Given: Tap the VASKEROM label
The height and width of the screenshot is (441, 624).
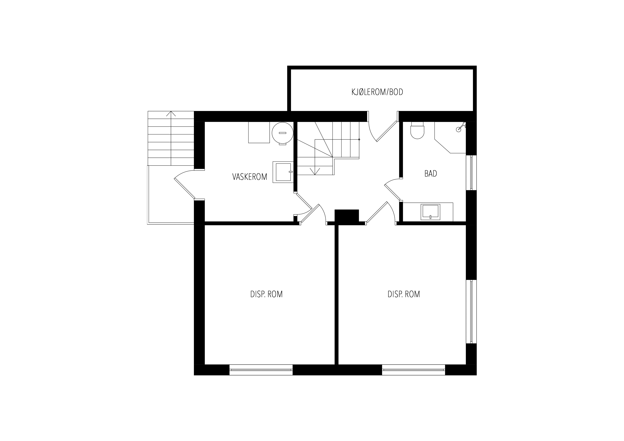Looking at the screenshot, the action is point(250,177).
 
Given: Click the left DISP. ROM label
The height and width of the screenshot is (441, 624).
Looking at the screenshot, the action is point(266,294).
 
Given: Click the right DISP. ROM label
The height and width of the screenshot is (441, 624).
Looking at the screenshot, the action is point(404,294).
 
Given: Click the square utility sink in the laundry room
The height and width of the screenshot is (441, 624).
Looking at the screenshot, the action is point(283,172).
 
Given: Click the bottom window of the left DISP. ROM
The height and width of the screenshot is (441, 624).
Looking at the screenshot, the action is point(261,370).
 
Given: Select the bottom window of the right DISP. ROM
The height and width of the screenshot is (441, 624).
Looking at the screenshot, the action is point(414,370).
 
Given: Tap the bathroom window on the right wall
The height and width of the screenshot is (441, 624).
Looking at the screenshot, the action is point(471,172).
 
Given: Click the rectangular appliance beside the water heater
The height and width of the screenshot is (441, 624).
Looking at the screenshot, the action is point(259,132).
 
